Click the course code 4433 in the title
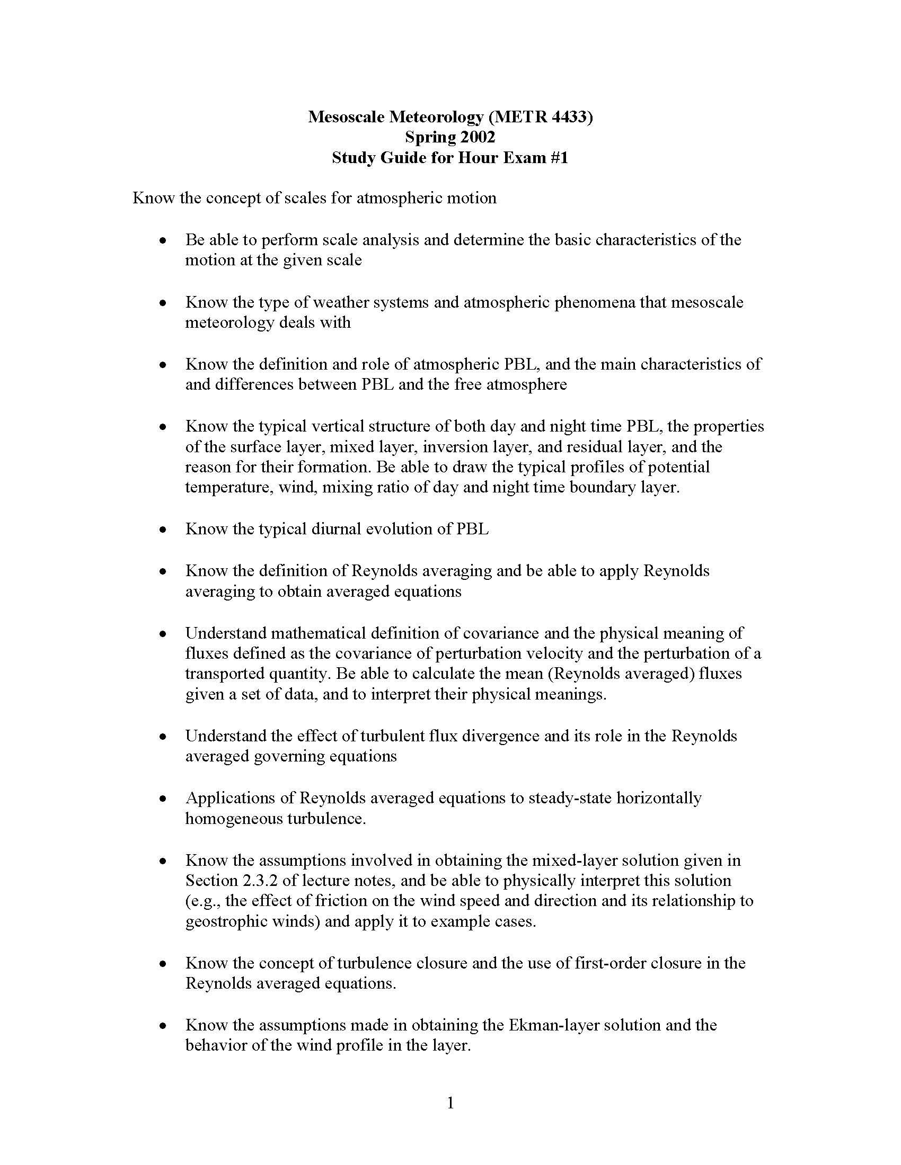568,116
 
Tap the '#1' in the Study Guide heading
556,158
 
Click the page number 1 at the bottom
450,1103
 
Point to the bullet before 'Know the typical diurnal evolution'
163,530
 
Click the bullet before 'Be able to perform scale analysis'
163,240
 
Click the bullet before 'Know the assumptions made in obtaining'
163,1026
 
